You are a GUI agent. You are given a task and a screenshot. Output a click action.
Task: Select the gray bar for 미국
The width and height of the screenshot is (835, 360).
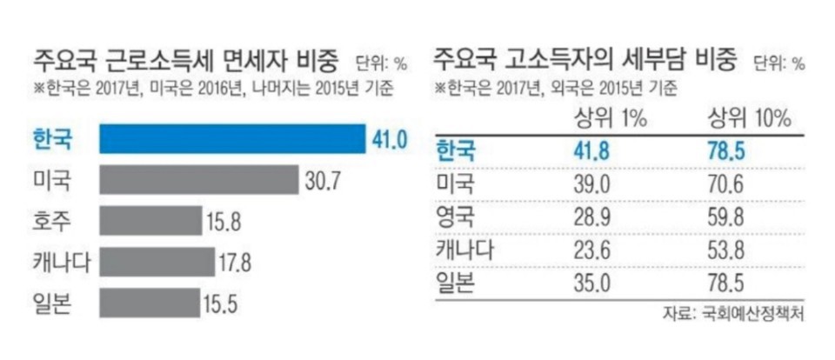point(199,181)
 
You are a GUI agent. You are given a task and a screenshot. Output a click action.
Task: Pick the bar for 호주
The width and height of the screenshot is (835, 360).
point(150,221)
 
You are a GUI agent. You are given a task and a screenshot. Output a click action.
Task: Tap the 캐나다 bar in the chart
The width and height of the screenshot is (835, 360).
point(157,262)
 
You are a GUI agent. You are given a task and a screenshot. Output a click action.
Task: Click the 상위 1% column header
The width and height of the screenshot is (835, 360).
point(611,119)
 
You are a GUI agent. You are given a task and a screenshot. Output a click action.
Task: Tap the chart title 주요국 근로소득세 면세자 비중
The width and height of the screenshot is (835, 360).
point(184,62)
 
